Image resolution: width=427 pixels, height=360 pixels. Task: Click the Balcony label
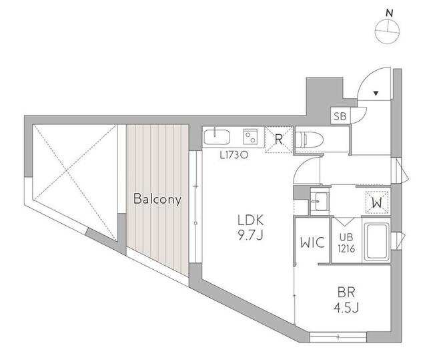pos(157,199)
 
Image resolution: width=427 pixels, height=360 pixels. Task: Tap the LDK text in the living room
pos(251,220)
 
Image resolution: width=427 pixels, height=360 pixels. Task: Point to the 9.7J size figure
pos(251,235)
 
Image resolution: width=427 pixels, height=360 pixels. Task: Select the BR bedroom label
pos(346,293)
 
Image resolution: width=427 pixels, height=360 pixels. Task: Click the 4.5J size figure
pos(346,308)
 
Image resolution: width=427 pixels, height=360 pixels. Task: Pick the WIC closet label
pos(312,242)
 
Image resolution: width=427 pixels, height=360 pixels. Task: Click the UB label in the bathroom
pos(346,237)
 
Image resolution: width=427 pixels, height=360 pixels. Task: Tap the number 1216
pos(346,248)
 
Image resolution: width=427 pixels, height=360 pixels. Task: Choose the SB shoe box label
pos(340,116)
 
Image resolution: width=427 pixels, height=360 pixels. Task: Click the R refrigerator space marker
pos(278,140)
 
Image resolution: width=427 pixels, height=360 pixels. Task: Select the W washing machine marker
pos(377,203)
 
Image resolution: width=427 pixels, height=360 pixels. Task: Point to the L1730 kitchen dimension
pos(234,156)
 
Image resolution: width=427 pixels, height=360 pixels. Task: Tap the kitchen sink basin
pos(216,138)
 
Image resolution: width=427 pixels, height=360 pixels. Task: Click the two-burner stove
pos(251,137)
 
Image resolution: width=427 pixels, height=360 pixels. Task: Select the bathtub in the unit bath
pos(377,242)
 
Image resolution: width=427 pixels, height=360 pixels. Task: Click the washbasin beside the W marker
pos(320,200)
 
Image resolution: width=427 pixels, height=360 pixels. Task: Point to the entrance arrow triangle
pos(376,94)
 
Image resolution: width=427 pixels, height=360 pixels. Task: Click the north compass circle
pos(387,31)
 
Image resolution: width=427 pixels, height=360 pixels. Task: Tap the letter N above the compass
pos(390,13)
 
